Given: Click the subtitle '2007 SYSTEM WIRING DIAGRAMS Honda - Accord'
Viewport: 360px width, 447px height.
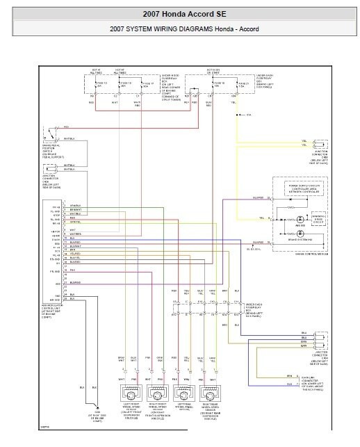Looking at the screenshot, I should [179, 29].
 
